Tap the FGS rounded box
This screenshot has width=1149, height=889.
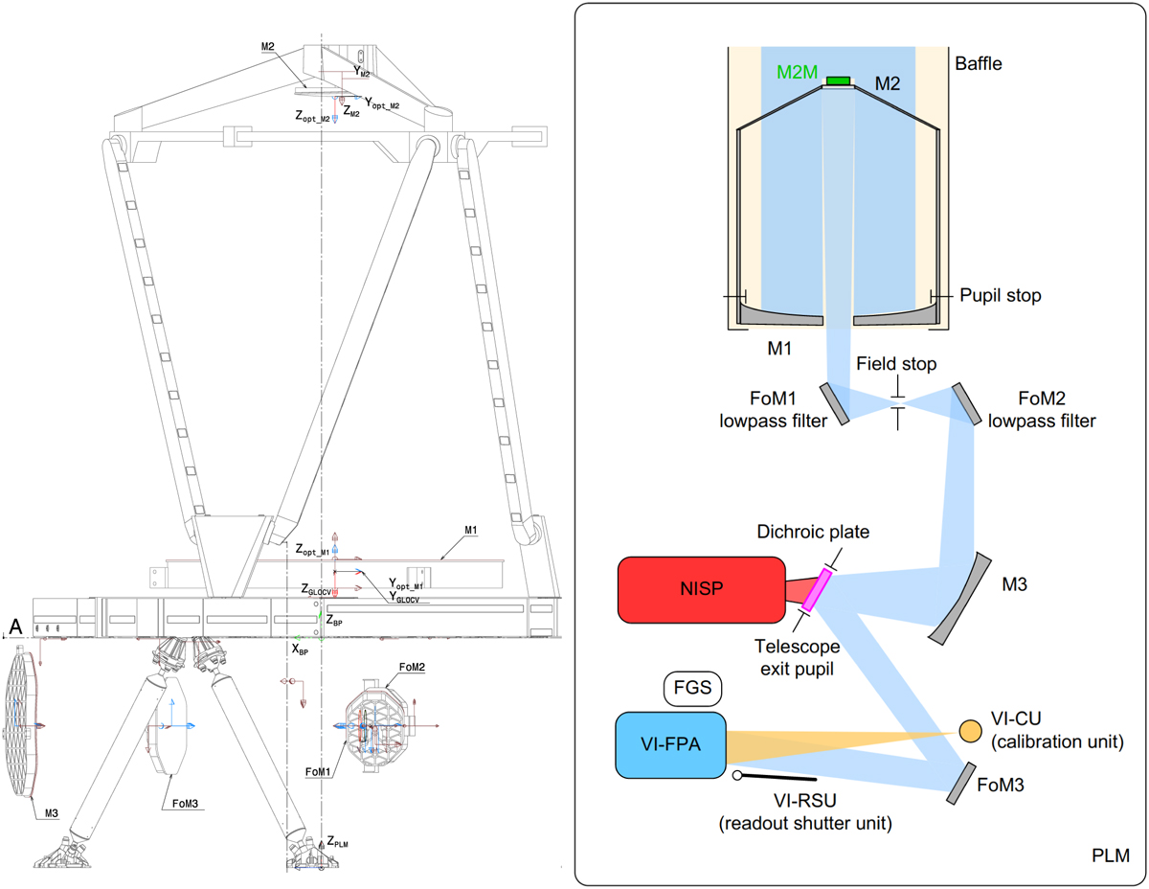[x=691, y=687]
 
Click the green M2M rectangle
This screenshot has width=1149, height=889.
[x=839, y=80]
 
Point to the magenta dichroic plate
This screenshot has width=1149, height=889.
[x=815, y=590]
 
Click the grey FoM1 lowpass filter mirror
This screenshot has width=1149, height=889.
[x=834, y=402]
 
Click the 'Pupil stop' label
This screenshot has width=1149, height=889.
[x=1000, y=296]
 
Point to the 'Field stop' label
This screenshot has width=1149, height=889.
[x=896, y=365]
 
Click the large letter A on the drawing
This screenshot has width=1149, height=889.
[x=14, y=626]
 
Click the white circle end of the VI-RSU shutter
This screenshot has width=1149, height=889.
[x=738, y=775]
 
